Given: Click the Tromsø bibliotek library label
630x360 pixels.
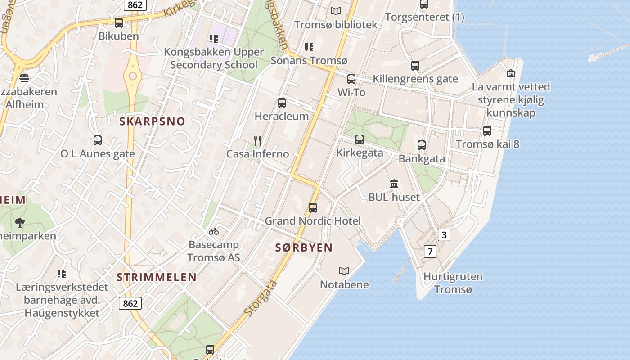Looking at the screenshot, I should (336, 24).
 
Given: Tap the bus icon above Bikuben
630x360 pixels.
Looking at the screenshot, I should (119, 23).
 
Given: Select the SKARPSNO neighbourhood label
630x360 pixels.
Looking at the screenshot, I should (152, 121).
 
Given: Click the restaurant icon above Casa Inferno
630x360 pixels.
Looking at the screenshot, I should (257, 141).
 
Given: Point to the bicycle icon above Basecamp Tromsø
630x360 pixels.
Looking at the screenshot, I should (214, 231).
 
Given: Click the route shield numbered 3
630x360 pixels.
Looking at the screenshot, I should (444, 234).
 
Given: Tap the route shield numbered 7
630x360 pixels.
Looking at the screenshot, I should (430, 251).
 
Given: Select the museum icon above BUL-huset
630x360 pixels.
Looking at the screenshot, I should (394, 184).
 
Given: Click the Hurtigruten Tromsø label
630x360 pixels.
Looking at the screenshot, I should (453, 283).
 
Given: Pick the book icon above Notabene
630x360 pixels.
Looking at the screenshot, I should (344, 271).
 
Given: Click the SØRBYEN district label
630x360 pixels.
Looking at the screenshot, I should (304, 247).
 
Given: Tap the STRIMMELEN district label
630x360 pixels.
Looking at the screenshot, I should (157, 277).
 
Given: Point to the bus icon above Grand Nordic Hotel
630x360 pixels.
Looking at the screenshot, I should (313, 207).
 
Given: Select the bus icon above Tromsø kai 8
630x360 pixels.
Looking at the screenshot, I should (487, 131).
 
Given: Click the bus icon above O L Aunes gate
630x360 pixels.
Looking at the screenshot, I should (98, 140).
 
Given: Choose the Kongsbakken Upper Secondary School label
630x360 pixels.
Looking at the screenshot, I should (214, 58).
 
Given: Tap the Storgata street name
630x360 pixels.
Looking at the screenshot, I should (261, 297).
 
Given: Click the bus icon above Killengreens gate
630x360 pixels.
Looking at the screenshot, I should (415, 66).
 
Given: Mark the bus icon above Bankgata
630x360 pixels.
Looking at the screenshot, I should (422, 145).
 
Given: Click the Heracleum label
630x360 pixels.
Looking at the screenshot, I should (282, 116).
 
